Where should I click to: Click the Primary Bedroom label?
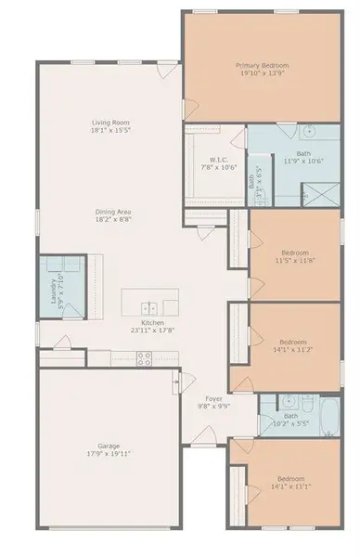coord(263,66)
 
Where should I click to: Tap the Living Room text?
coord(109,123)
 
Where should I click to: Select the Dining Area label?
coord(112,213)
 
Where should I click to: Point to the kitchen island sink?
coord(148,306)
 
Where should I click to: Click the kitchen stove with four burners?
coord(144,356)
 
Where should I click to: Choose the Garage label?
coord(109,446)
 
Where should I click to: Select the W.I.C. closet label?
coord(219,159)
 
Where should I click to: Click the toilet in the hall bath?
coord(306,403)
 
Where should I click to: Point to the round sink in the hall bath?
coord(287,403)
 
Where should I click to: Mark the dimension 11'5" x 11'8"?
coord(294,260)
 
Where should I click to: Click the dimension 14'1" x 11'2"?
coord(294,349)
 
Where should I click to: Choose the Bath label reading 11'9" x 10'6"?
coord(303,154)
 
